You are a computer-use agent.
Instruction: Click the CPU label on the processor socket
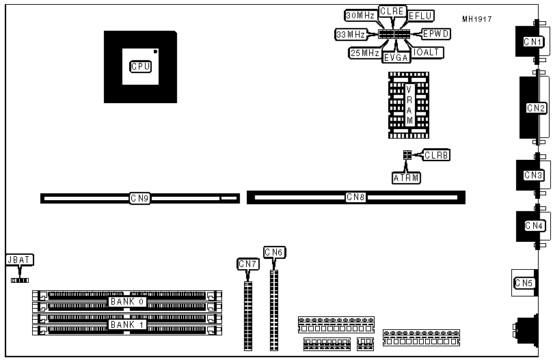(x=140, y=66)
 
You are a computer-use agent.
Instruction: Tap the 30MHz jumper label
(x=360, y=16)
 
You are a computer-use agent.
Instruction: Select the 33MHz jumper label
(x=350, y=33)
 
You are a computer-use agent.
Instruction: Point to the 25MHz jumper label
(x=364, y=53)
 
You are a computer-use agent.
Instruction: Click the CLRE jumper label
(x=392, y=12)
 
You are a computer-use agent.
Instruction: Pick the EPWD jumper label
(x=436, y=33)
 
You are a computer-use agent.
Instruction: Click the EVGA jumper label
(x=396, y=57)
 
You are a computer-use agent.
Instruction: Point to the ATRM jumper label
(x=406, y=178)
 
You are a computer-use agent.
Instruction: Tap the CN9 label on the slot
(x=140, y=198)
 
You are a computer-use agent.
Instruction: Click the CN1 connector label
(x=533, y=42)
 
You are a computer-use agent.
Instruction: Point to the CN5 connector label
(x=524, y=283)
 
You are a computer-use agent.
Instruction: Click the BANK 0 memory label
(x=128, y=301)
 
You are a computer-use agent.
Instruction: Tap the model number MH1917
(x=476, y=19)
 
